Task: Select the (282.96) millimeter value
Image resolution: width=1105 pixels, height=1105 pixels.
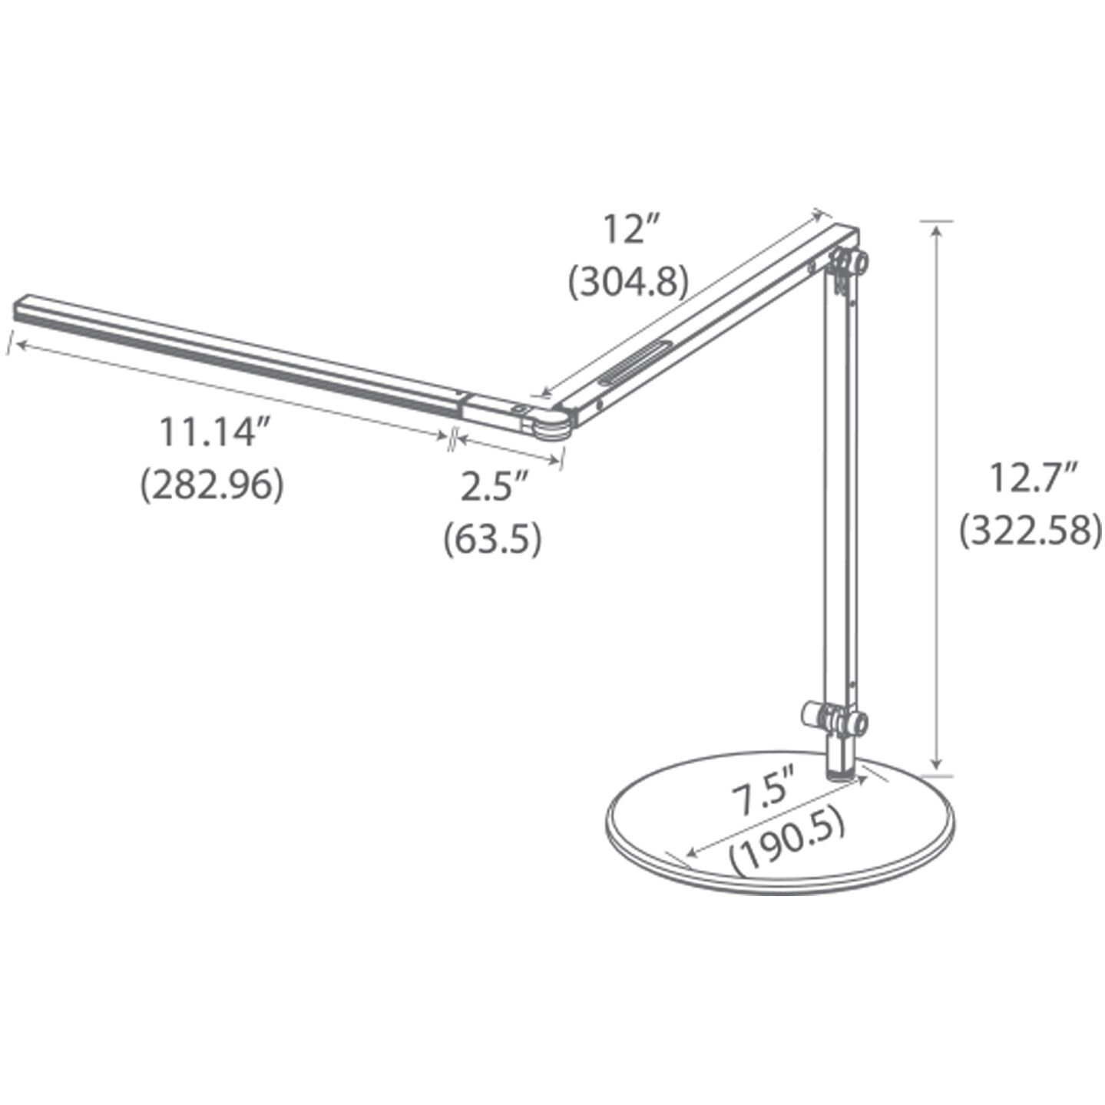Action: pyautogui.click(x=212, y=485)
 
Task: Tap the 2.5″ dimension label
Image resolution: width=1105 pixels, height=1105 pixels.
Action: pyautogui.click(x=495, y=487)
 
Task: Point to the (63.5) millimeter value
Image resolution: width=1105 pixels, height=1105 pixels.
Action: pyautogui.click(x=492, y=538)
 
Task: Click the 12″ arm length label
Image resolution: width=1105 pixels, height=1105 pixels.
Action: pyautogui.click(x=632, y=230)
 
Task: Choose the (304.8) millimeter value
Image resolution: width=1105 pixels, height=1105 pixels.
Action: pyautogui.click(x=627, y=282)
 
